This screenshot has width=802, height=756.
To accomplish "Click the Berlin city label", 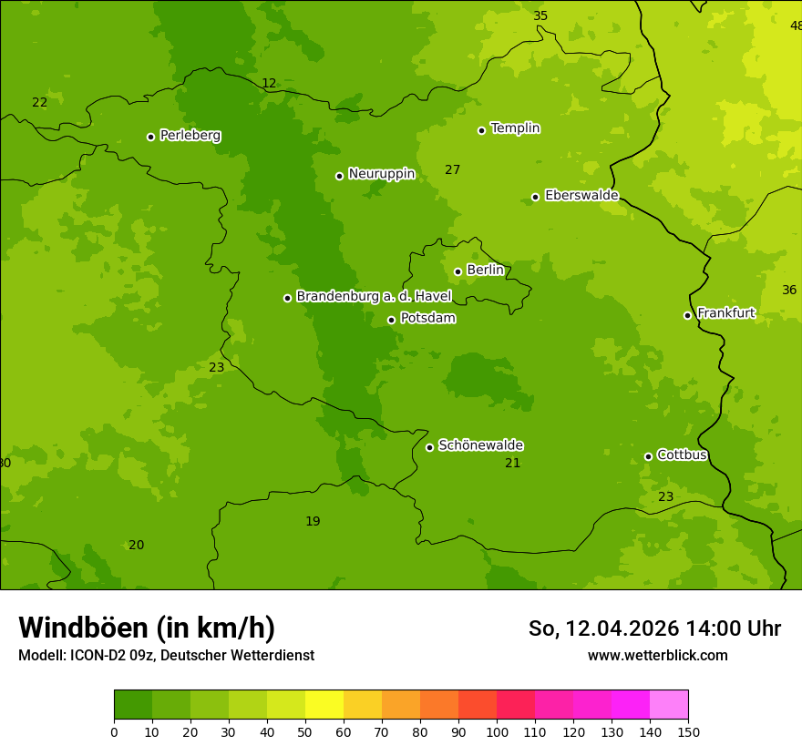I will click(485, 271).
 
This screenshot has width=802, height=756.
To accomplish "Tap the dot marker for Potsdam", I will click(391, 320).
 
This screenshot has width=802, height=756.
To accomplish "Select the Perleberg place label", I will click(190, 136).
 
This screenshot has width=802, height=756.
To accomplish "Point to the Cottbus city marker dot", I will click(648, 456).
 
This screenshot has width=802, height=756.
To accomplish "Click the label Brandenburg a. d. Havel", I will click(374, 297).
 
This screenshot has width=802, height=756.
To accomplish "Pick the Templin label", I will click(515, 128).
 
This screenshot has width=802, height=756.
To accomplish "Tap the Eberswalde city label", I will click(581, 196).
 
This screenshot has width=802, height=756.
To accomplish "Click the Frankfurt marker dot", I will click(687, 315).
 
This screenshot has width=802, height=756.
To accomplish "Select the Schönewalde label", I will click(480, 445).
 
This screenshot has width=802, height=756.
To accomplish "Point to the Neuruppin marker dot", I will click(339, 176).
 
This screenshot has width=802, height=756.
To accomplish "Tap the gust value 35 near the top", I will click(540, 15).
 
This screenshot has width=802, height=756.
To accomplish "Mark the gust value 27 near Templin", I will click(452, 169).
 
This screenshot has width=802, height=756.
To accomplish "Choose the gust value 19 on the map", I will click(313, 521).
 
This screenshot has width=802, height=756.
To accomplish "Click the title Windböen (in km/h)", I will click(147, 628).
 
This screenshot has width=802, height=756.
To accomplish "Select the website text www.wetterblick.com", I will click(657, 655).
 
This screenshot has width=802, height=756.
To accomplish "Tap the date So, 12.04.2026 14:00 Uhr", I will click(653, 628).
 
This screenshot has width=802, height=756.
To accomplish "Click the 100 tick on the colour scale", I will click(497, 731).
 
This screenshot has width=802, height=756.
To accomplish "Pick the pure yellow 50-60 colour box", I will click(324, 705).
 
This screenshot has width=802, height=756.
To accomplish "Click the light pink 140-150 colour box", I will click(669, 705).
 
